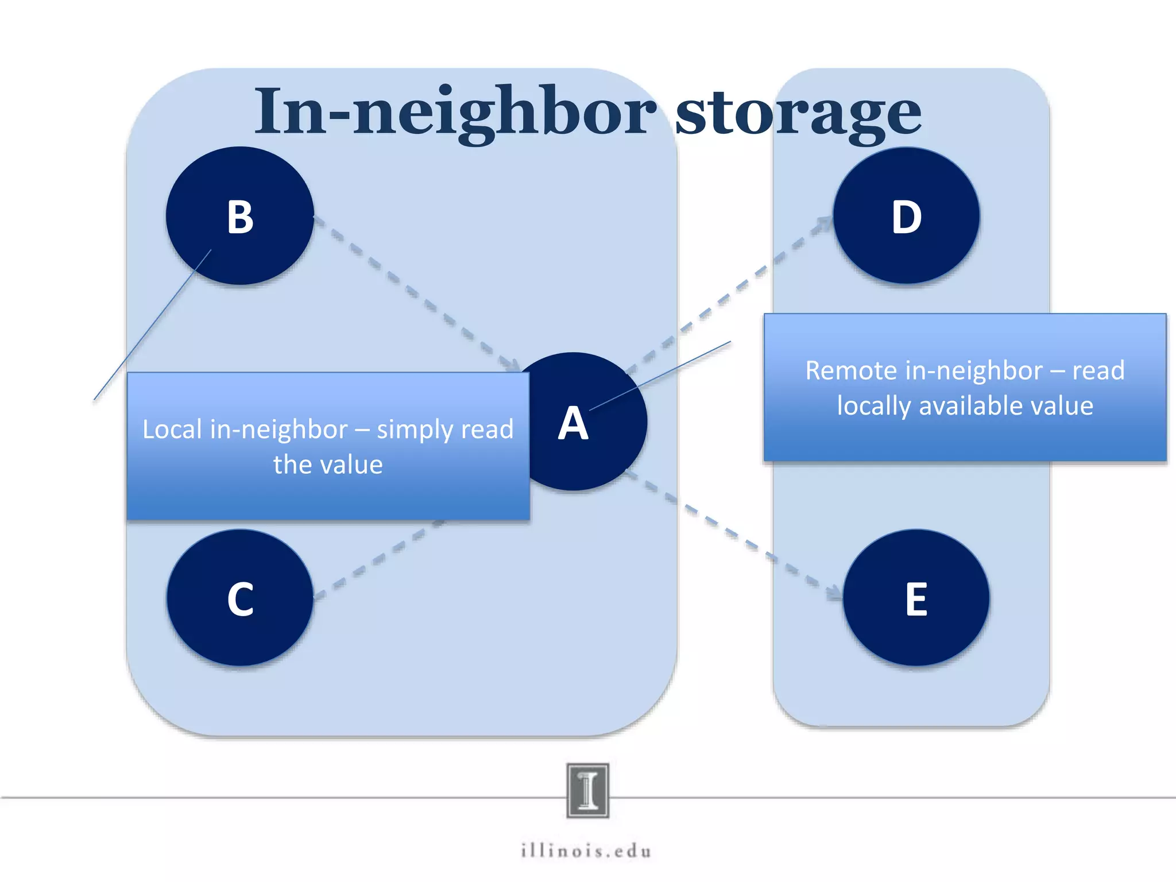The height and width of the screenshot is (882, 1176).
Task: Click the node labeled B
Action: point(240,216)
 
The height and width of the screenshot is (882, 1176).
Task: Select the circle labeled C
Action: point(240,598)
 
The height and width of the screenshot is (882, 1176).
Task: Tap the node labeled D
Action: point(906,216)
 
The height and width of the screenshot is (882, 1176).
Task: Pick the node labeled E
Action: point(916,598)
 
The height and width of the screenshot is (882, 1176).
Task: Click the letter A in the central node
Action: point(573,424)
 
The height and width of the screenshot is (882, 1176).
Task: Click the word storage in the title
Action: point(798,112)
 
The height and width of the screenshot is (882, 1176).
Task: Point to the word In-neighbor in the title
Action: point(454,112)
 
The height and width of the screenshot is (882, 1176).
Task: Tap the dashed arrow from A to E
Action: point(735,534)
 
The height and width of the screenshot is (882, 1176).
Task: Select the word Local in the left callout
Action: point(172,430)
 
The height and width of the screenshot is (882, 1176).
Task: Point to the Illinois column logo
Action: point(587,790)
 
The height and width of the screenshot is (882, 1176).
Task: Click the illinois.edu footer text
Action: point(586,850)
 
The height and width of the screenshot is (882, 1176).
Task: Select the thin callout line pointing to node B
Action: point(152,325)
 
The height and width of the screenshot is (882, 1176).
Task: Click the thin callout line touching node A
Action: point(660,376)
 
